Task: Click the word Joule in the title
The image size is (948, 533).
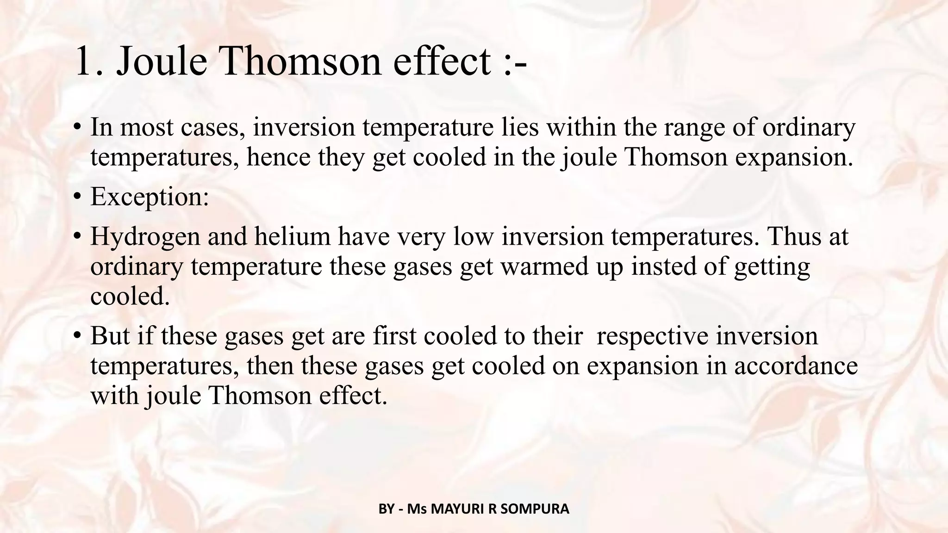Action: pos(162,62)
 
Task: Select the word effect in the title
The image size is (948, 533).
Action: pos(442,62)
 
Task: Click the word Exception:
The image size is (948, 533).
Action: pos(150,196)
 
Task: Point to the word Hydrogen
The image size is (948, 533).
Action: pos(145,236)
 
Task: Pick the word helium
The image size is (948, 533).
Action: pos(292,236)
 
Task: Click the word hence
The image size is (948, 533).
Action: pos(278,157)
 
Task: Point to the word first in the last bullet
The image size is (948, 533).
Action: pos(395,335)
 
